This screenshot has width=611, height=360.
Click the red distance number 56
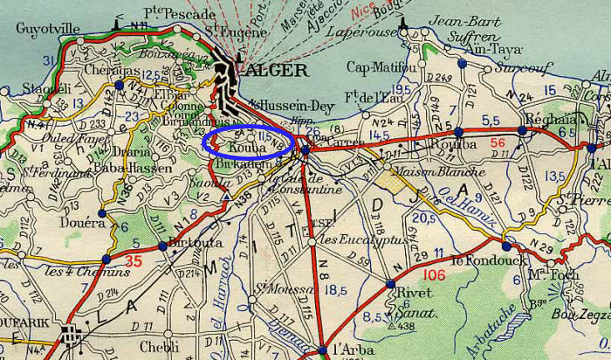pos(498,142)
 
